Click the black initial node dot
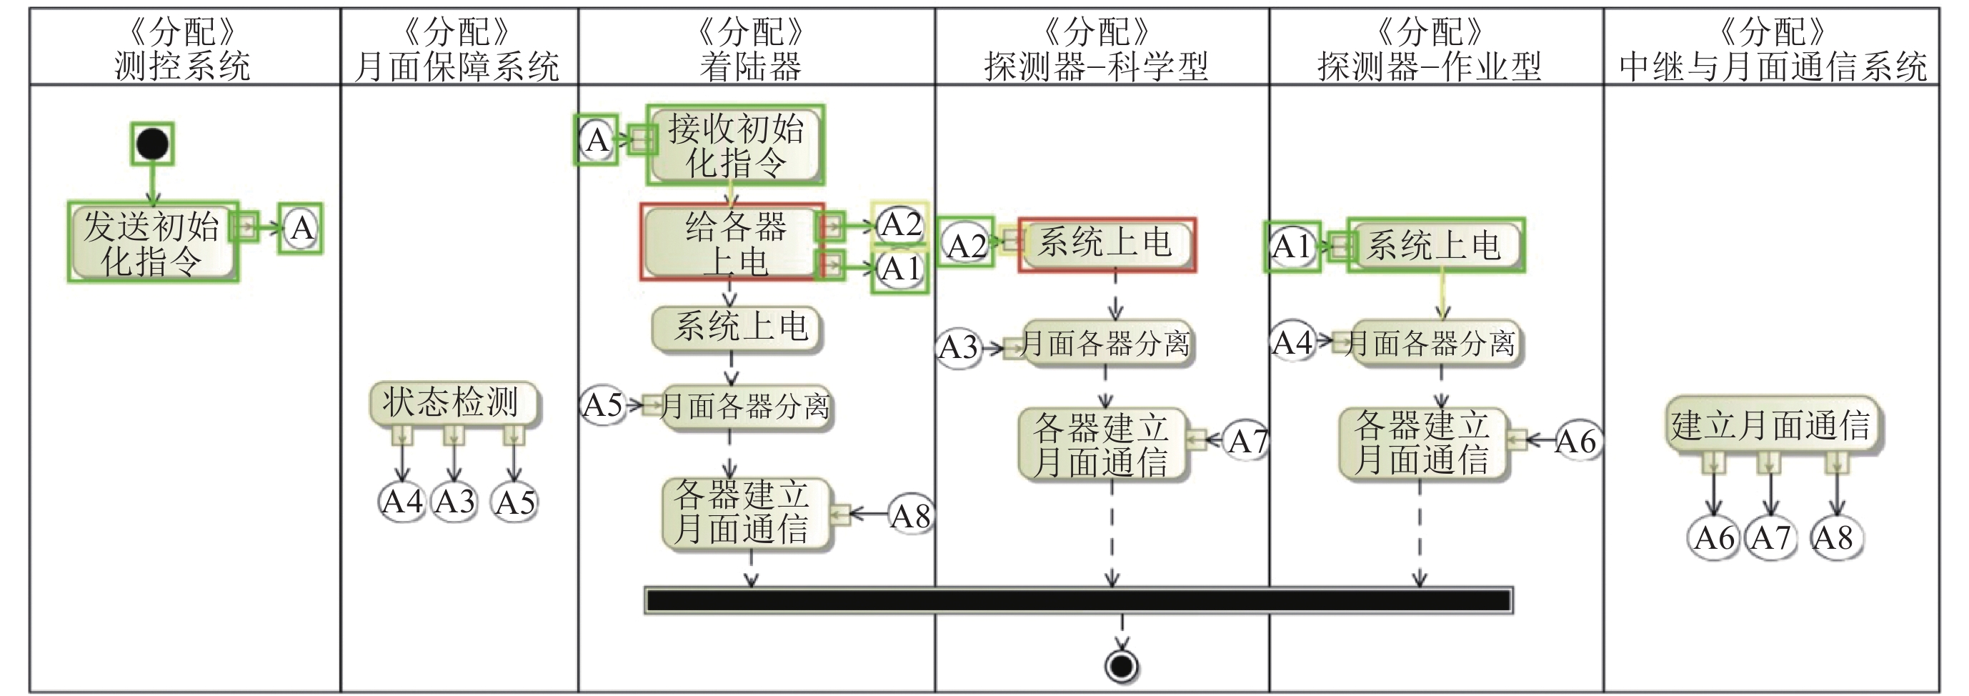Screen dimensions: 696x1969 (x=152, y=144)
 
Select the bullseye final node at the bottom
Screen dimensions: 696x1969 (x=1122, y=665)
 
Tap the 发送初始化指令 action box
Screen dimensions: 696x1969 (x=152, y=242)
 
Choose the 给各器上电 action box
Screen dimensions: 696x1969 (x=732, y=242)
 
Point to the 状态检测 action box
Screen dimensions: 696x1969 (x=453, y=402)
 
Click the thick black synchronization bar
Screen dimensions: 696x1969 (x=1078, y=600)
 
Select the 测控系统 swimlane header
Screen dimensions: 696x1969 (x=184, y=48)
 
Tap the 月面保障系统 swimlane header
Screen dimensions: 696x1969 (x=458, y=48)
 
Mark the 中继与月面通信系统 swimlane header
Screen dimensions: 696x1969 (x=1772, y=48)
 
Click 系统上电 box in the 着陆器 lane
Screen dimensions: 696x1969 (x=737, y=327)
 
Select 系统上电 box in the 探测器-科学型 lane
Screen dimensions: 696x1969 (x=1107, y=244)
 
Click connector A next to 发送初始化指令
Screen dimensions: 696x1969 (x=301, y=228)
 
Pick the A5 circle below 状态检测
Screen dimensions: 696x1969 (x=514, y=502)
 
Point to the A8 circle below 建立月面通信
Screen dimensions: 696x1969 (x=1835, y=537)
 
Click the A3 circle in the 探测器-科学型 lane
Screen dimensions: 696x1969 (x=959, y=347)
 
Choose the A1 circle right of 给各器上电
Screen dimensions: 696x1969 (x=900, y=269)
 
